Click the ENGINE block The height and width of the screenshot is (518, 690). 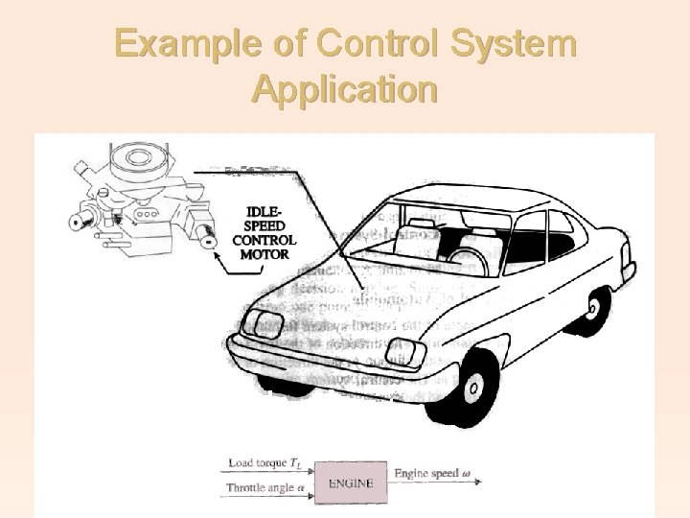click(x=351, y=483)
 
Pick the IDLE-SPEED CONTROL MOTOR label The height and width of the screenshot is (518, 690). click(x=264, y=233)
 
